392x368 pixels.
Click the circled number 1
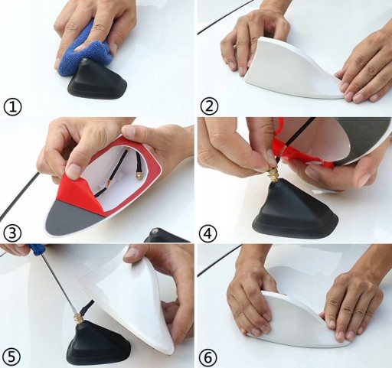coord(12,107)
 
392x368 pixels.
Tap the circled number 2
coord(209,107)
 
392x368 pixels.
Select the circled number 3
coord(12,233)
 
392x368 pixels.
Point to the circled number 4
coord(209,233)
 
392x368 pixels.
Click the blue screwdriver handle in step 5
coord(38,248)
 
